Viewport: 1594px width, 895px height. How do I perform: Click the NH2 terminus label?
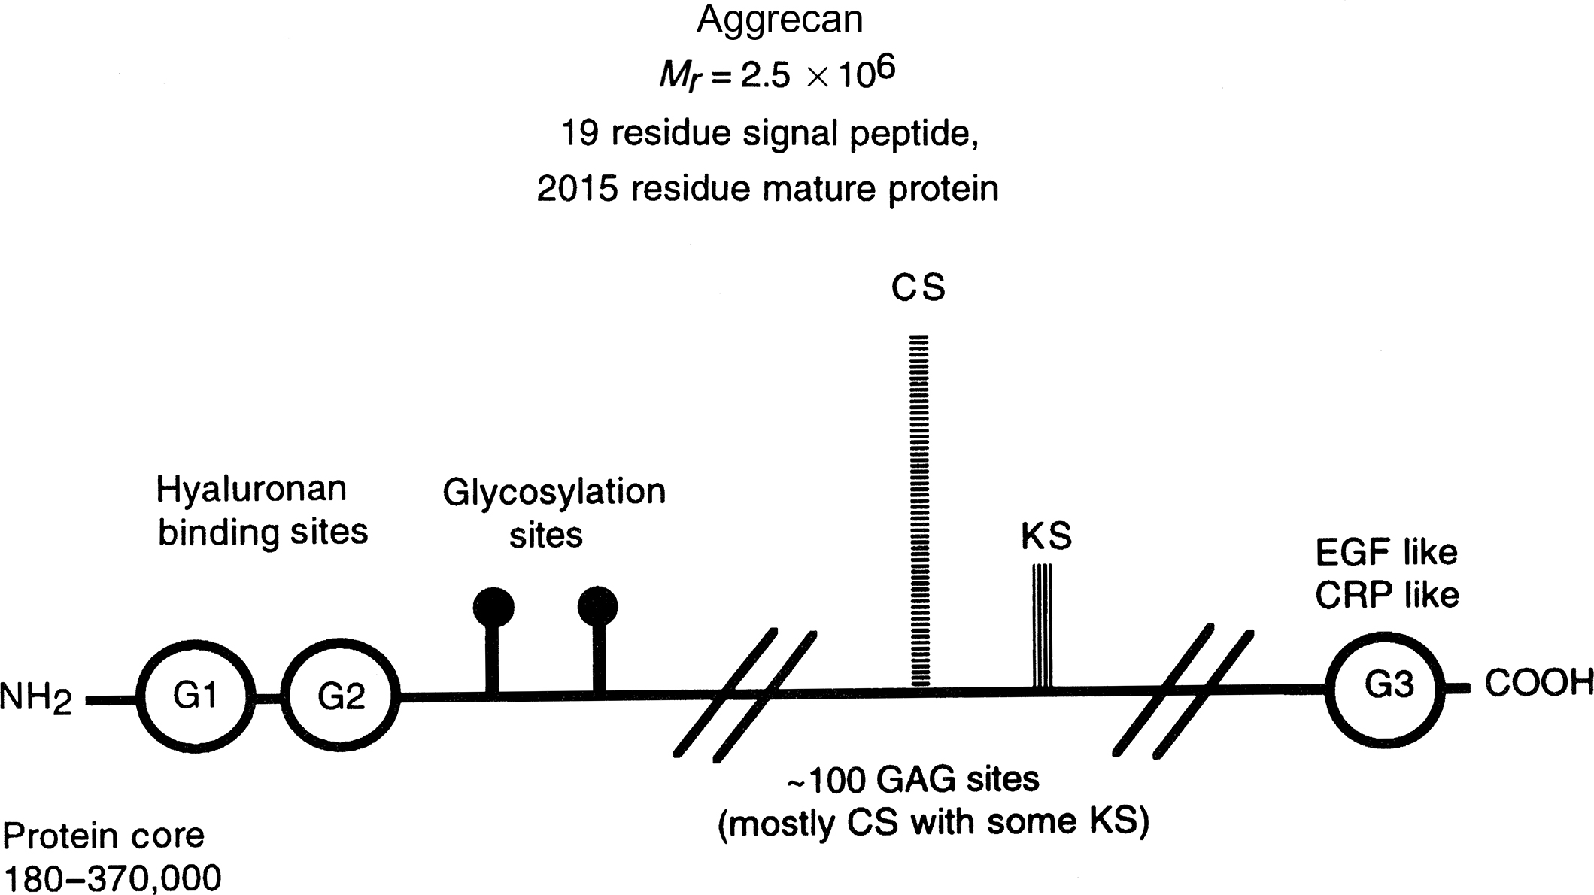point(36,699)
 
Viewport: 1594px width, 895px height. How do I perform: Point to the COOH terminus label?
point(1538,684)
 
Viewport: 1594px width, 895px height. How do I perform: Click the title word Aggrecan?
point(779,20)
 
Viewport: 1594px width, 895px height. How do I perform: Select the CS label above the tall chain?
point(918,287)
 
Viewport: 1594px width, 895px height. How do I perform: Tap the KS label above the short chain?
point(1046,536)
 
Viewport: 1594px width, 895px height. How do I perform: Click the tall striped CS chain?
point(919,511)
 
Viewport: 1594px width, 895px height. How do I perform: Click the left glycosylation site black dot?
point(493,606)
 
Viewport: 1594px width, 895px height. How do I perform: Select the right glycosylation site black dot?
point(598,606)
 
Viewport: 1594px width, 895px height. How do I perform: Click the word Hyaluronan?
point(251,490)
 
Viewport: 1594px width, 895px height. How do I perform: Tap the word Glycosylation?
point(554,493)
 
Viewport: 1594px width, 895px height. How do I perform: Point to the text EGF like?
point(1386,553)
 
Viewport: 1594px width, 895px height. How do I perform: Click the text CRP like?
point(1387,596)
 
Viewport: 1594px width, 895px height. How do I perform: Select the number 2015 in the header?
point(577,189)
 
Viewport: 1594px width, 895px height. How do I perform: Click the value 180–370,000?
point(113,878)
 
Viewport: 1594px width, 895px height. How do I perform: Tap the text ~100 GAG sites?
point(912,780)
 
